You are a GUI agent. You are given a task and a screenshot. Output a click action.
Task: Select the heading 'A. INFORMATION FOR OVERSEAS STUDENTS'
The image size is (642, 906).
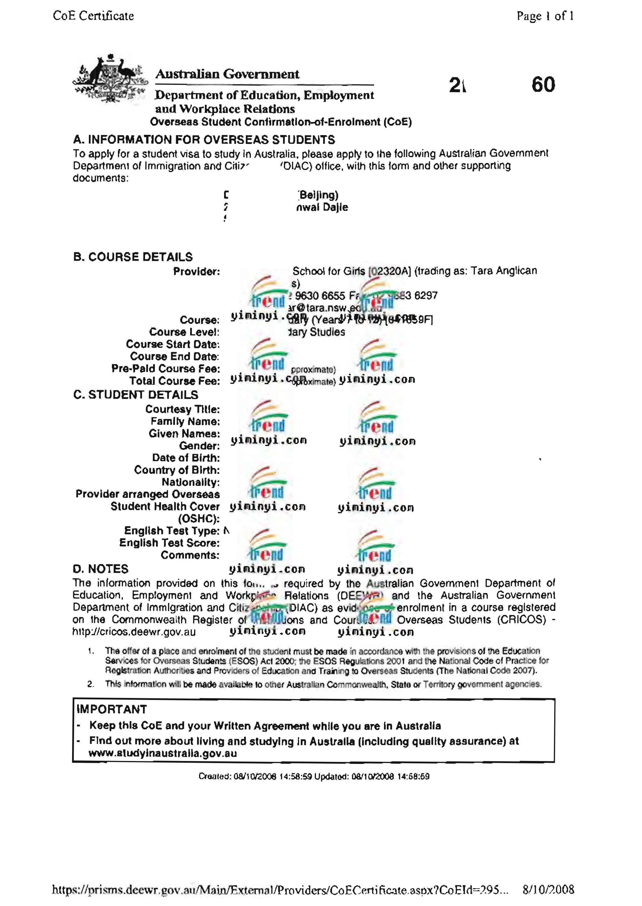pyautogui.click(x=204, y=140)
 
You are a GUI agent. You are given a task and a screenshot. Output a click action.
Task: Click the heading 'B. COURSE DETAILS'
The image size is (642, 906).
pyautogui.click(x=133, y=257)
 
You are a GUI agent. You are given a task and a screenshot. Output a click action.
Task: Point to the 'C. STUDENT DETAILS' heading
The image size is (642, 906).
pyautogui.click(x=136, y=395)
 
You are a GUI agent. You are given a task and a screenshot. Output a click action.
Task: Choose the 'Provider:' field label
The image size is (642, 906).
pyautogui.click(x=196, y=272)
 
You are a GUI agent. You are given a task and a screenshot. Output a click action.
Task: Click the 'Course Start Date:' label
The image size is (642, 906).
pyautogui.click(x=173, y=344)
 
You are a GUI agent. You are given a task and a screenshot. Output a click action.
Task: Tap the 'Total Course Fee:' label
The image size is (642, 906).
pyautogui.click(x=174, y=381)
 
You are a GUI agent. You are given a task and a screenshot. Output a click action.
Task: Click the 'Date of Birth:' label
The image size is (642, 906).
pyautogui.click(x=186, y=458)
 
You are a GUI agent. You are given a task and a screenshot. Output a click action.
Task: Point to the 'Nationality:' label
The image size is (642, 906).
pyautogui.click(x=191, y=482)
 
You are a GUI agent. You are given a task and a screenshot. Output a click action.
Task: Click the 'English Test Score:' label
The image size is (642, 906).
pyautogui.click(x=169, y=543)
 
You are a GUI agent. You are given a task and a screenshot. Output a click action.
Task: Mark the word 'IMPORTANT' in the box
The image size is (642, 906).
pyautogui.click(x=112, y=709)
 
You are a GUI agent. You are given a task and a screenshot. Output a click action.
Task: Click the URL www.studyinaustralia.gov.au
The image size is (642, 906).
pyautogui.click(x=162, y=753)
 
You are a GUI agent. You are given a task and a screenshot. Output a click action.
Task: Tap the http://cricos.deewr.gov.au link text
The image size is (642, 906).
pyautogui.click(x=134, y=632)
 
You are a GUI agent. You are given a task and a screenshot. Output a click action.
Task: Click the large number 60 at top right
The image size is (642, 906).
pyautogui.click(x=543, y=85)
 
